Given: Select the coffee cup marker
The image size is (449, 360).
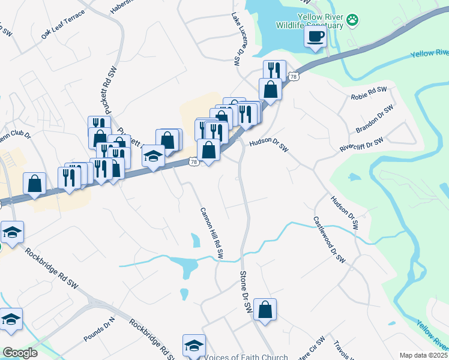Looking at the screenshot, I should pyautogui.click(x=315, y=37).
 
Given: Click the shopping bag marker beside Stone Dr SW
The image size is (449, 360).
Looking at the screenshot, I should pyautogui.click(x=265, y=310).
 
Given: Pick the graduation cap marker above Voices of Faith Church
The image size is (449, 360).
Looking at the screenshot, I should pyautogui.click(x=194, y=346).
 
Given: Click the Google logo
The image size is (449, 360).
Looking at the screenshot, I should pyautogui.click(x=20, y=353).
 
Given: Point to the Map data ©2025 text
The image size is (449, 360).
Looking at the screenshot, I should pyautogui.click(x=424, y=355).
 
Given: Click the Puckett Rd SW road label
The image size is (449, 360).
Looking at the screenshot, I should pyautogui.click(x=112, y=84).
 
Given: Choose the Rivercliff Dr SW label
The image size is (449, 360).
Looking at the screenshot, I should pyautogui.click(x=361, y=145).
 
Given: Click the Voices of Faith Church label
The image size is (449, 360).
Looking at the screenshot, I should pyautogui.click(x=247, y=357).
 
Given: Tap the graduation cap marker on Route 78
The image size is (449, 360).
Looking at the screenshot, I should pyautogui.click(x=154, y=157).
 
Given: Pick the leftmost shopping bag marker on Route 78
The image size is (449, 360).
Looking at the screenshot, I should pyautogui.click(x=34, y=184).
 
